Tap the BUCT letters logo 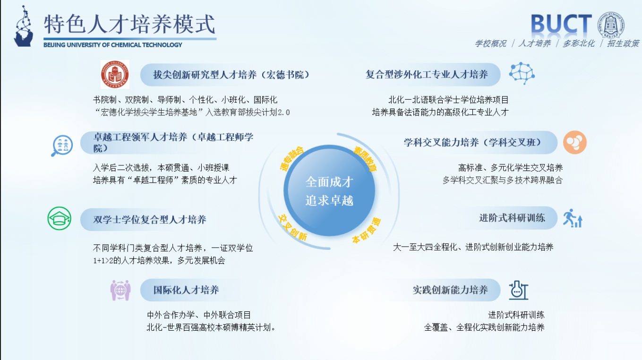pyautogui.click(x=561, y=25)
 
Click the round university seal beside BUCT pyautogui.click(x=611, y=25)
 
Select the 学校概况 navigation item pyautogui.click(x=490, y=43)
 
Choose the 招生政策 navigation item pyautogui.click(x=623, y=43)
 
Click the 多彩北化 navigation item pyautogui.click(x=578, y=43)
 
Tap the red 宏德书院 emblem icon pyautogui.click(x=115, y=74)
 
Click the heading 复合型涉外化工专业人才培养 pyautogui.click(x=427, y=75)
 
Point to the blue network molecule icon pyautogui.click(x=522, y=73)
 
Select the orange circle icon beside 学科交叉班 pyautogui.click(x=574, y=142)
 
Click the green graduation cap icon pyautogui.click(x=59, y=219)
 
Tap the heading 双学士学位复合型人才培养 pyautogui.click(x=150, y=220)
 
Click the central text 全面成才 pyautogui.click(x=329, y=181)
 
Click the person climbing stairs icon pyautogui.click(x=572, y=218)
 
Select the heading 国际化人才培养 pyautogui.click(x=186, y=290)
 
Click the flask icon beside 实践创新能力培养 pyautogui.click(x=518, y=290)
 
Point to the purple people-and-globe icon pyautogui.click(x=120, y=290)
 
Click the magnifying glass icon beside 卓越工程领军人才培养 pyautogui.click(x=62, y=145)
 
